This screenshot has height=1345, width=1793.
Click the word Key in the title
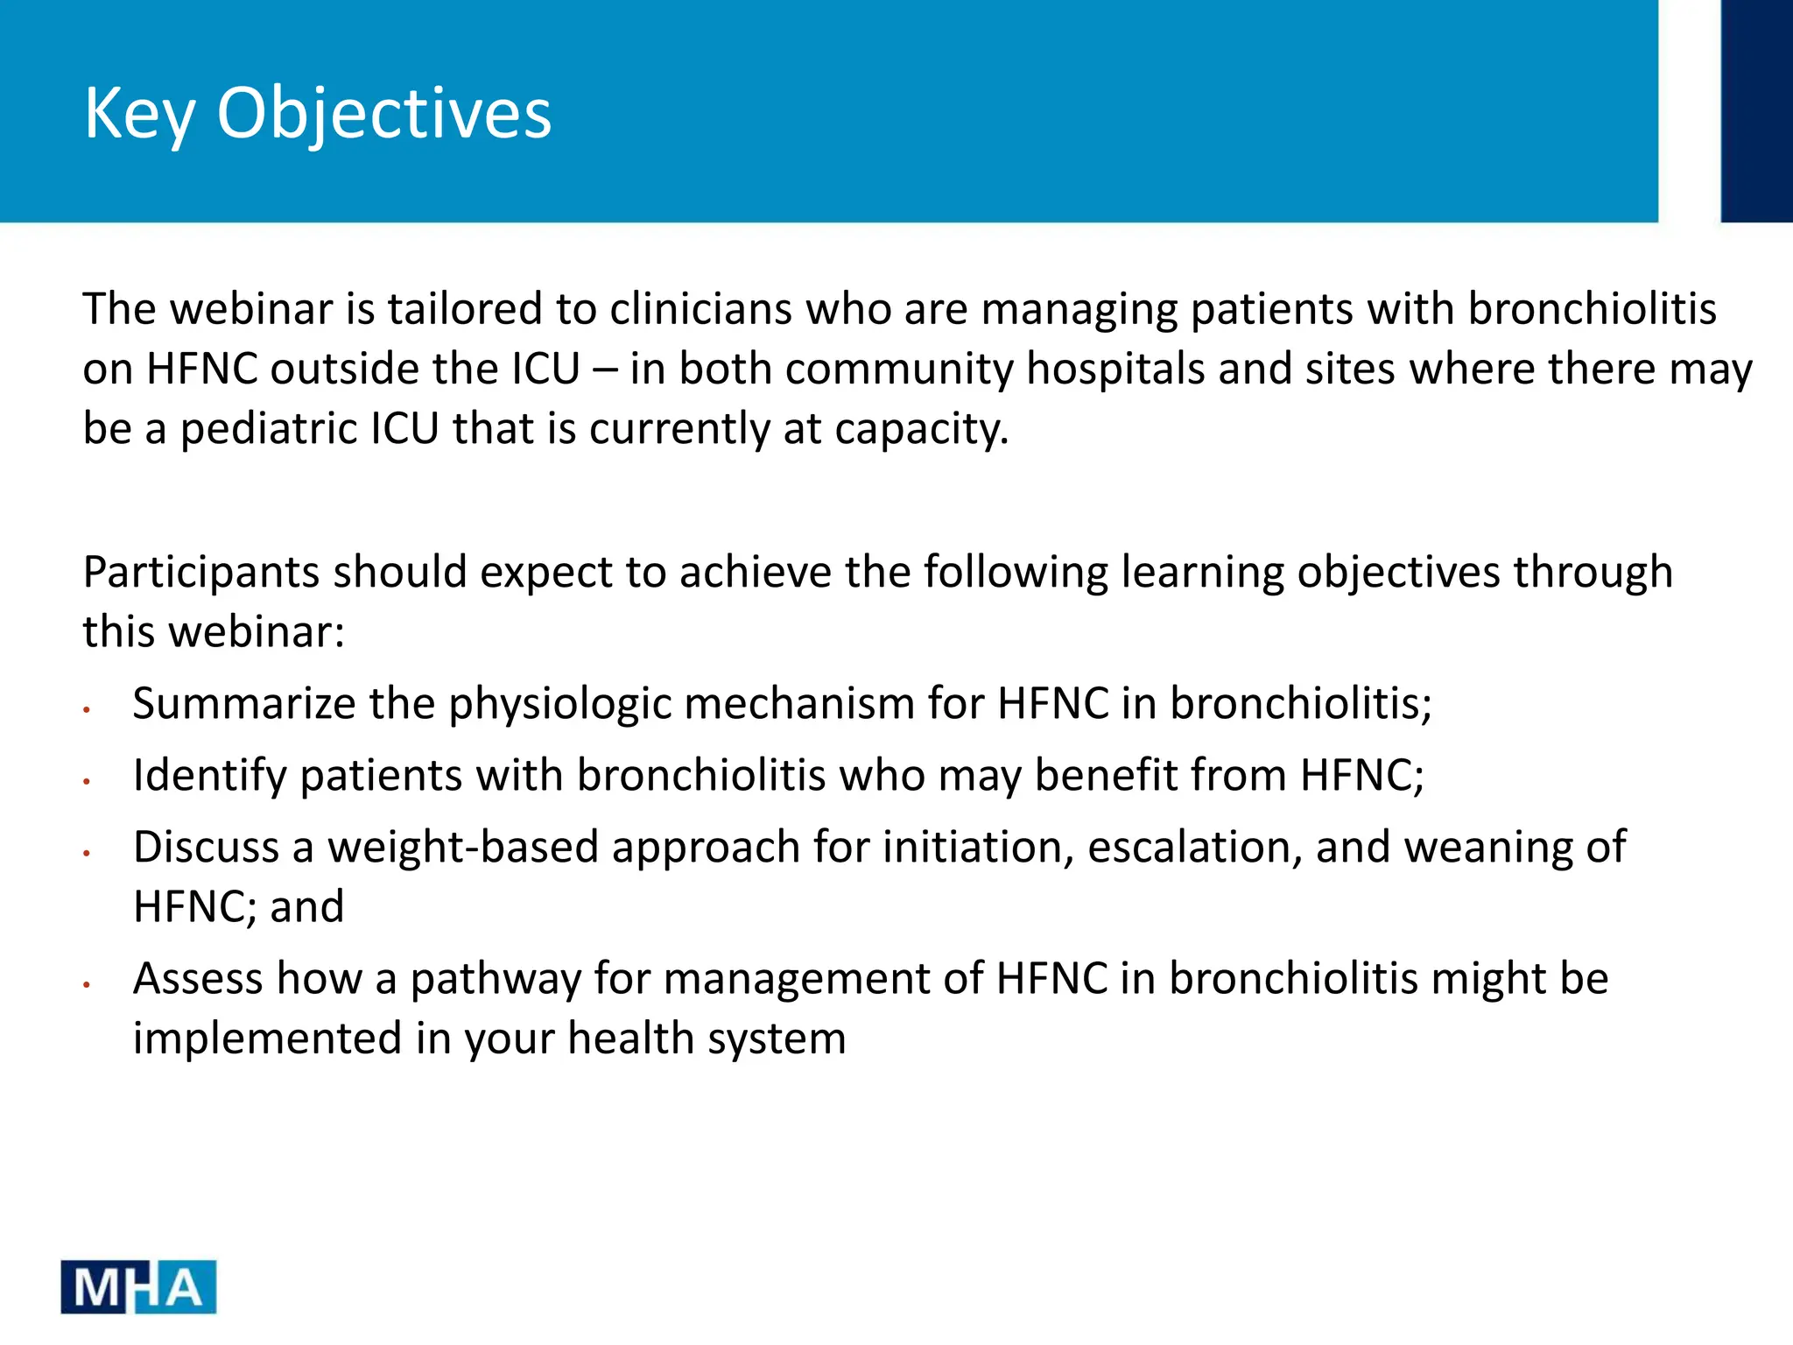click(x=139, y=114)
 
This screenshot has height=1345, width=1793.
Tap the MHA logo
click(x=138, y=1286)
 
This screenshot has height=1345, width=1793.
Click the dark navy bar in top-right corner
click(x=1755, y=110)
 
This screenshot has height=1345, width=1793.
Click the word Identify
click(x=209, y=776)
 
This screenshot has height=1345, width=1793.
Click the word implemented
click(x=267, y=1039)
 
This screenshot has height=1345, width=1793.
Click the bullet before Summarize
click(x=87, y=708)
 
